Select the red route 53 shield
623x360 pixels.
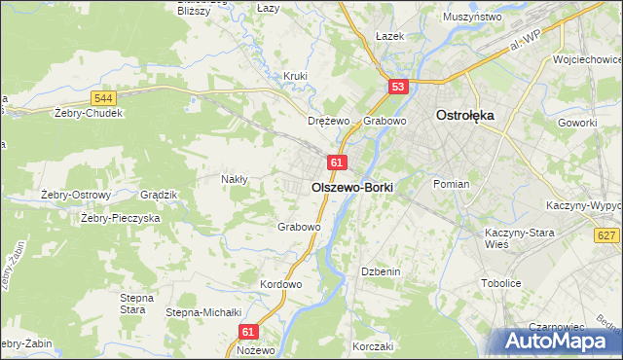click(397, 88)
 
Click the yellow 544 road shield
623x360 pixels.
click(103, 98)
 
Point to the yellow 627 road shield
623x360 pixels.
click(605, 235)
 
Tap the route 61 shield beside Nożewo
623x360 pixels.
click(248, 332)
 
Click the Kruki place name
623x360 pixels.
click(295, 75)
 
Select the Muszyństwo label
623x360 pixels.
click(471, 18)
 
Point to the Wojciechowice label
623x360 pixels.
click(586, 59)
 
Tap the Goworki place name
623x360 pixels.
click(577, 123)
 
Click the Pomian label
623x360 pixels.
click(452, 184)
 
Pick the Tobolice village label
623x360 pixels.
click(502, 283)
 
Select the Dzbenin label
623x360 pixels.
click(381, 271)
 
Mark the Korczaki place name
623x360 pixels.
click(373, 346)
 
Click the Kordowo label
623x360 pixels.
click(281, 284)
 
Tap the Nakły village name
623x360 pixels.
click(235, 179)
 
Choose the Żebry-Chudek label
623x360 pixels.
click(89, 113)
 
